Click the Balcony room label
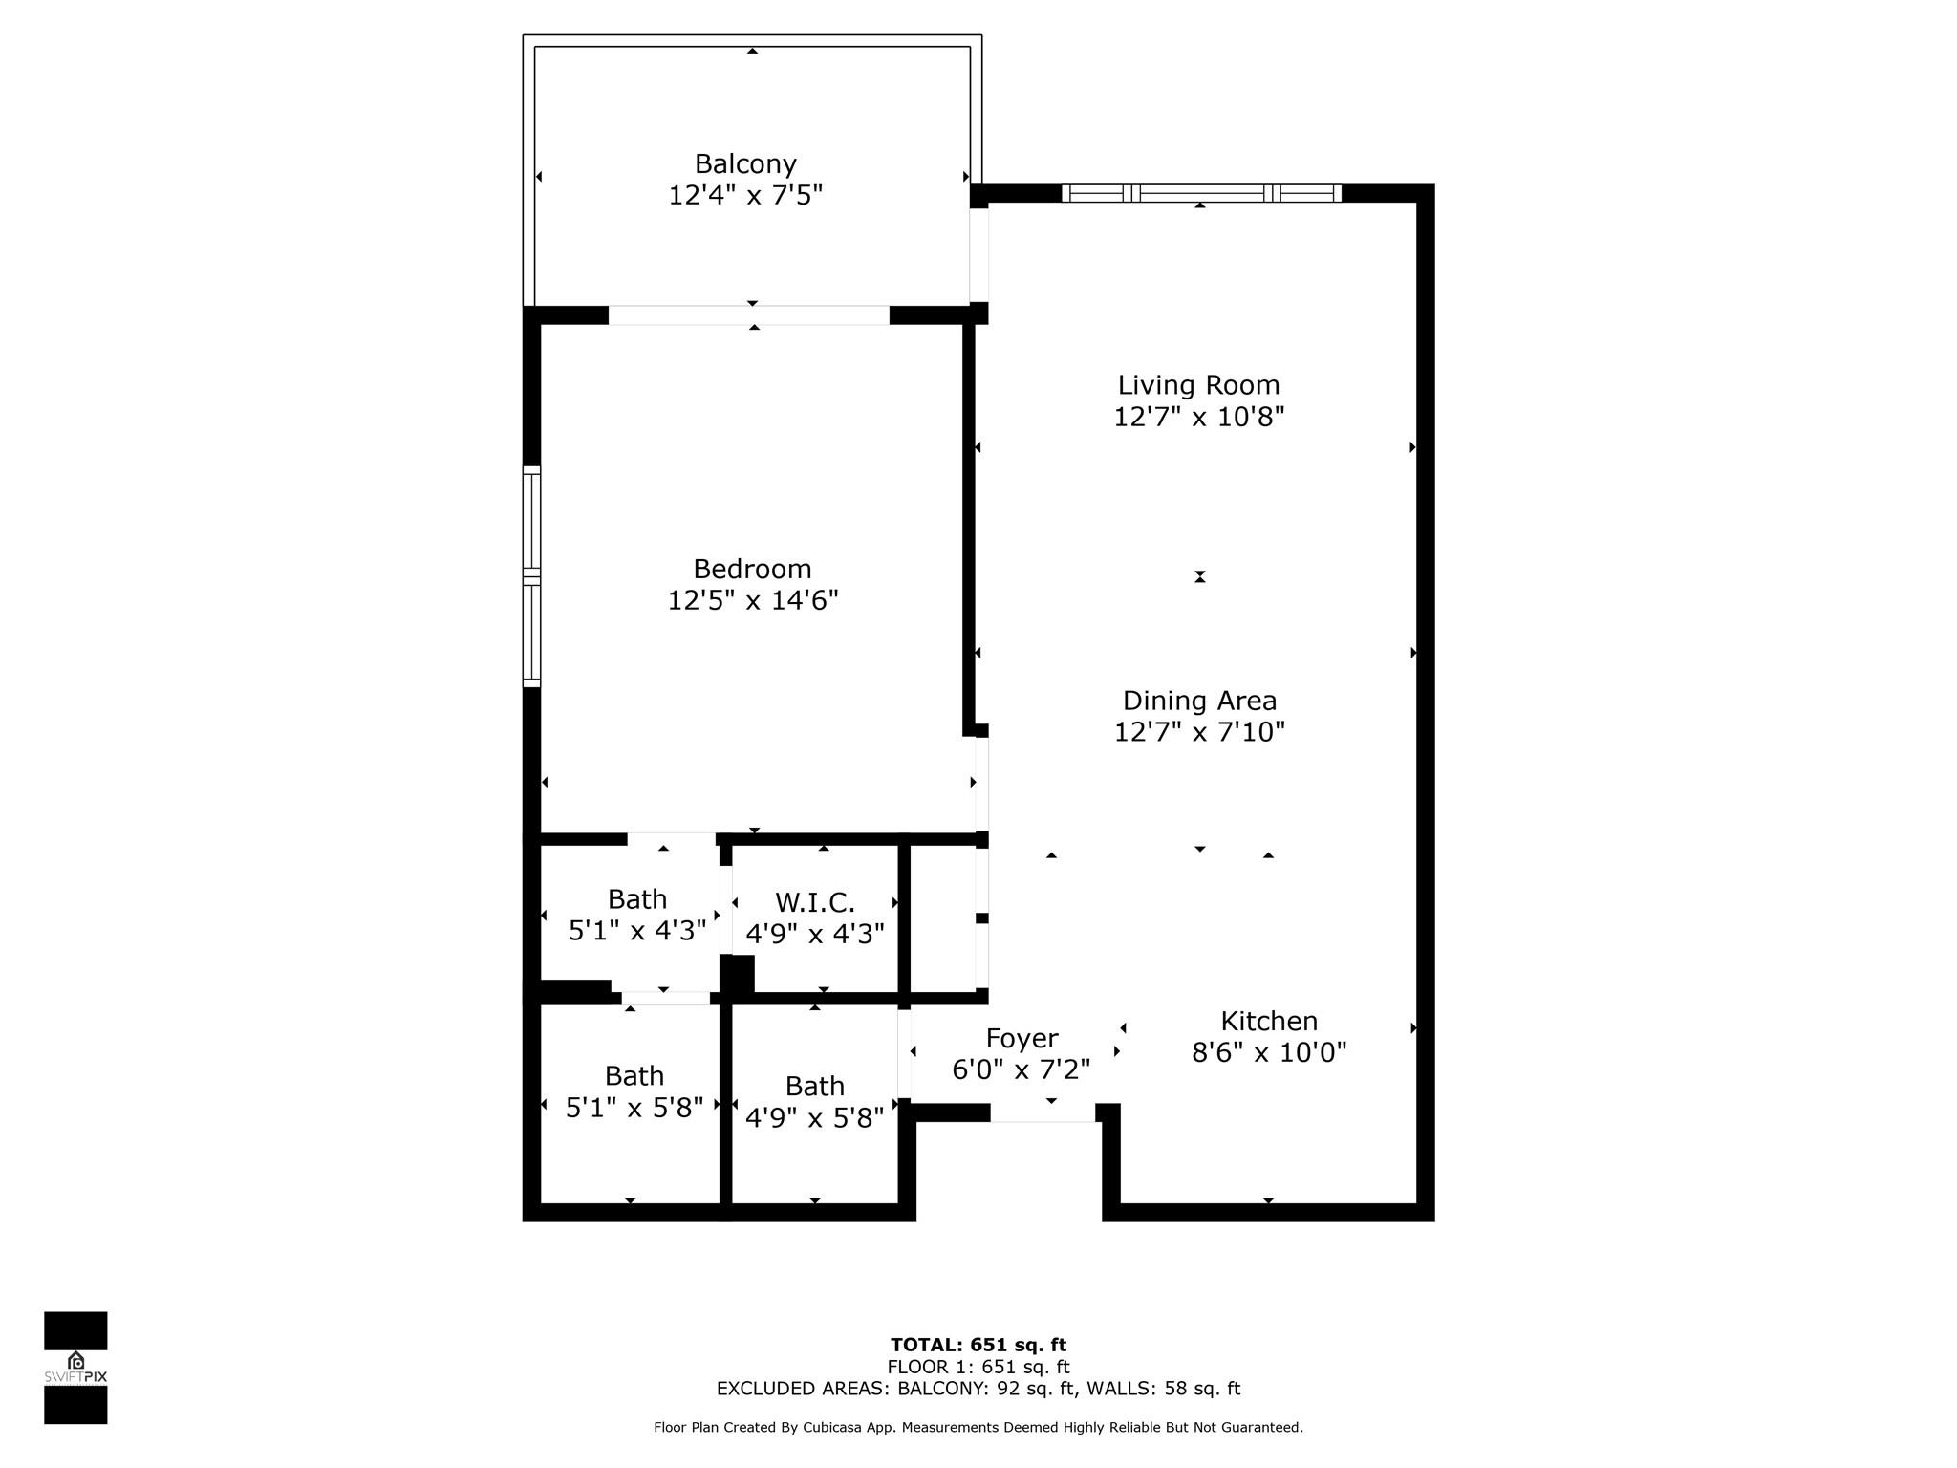point(745,164)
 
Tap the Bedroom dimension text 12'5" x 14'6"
point(752,601)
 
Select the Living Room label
point(1198,385)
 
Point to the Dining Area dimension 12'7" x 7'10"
point(1199,732)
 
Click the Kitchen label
point(1269,1021)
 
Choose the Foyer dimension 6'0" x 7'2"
point(1021,1069)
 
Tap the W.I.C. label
point(814,902)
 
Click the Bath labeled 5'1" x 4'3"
point(636,915)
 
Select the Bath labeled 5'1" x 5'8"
point(634,1092)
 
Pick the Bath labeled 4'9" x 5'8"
point(814,1102)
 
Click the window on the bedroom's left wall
point(531,576)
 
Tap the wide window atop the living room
point(1201,193)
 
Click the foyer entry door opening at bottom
point(1043,1112)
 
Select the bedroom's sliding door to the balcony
point(749,315)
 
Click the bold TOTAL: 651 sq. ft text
point(978,1345)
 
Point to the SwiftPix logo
point(75,1367)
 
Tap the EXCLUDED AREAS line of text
point(978,1389)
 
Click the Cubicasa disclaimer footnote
point(978,1427)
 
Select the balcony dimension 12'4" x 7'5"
point(745,196)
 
